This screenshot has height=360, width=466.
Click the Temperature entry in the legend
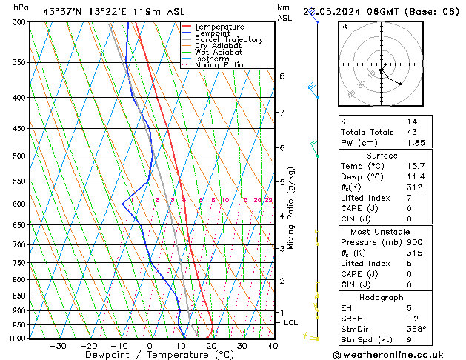(221, 27)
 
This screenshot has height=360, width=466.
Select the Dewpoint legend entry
(216, 33)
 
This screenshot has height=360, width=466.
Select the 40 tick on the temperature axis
(273, 346)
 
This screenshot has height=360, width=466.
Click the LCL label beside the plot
(290, 323)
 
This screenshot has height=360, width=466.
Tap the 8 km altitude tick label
(282, 76)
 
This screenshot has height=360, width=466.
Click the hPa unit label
(21, 8)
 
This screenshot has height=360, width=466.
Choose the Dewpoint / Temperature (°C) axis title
(150, 356)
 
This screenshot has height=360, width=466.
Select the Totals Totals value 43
(412, 131)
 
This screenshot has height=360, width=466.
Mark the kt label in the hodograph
(344, 27)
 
